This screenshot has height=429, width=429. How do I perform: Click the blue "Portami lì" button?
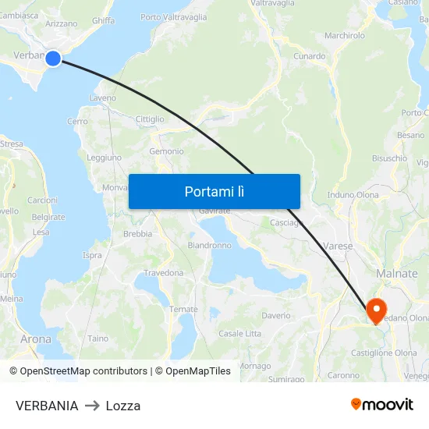[214, 191]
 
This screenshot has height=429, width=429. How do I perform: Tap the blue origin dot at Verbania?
[53, 58]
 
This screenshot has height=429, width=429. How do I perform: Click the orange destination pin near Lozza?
[376, 310]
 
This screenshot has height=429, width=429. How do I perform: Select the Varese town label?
[338, 246]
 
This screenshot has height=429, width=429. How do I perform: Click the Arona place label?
[36, 339]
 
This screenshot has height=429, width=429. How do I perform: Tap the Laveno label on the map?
[102, 98]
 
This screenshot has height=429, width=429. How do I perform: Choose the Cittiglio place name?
[151, 119]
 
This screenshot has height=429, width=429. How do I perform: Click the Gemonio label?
[166, 151]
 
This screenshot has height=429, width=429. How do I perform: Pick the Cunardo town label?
[310, 56]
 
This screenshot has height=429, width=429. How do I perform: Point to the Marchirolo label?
[345, 35]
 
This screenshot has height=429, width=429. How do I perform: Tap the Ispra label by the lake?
[92, 255]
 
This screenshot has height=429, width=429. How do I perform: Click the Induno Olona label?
[353, 194]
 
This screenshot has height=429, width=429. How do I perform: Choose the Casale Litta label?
[240, 333]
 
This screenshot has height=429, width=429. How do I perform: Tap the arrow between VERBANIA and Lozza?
[92, 406]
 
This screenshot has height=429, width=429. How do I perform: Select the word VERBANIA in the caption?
[47, 406]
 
